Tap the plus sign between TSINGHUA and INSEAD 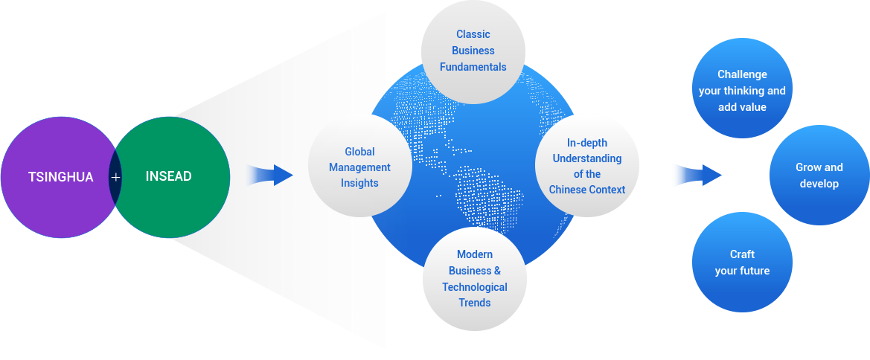pos(115,177)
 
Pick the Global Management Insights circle pos(359,167)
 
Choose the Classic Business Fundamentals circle pos(473,51)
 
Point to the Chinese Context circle pos(586,166)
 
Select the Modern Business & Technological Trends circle pos(475,278)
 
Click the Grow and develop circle pos(819,175)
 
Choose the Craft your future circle pos(742,262)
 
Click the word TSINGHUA pos(61,177)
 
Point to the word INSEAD pos(169,177)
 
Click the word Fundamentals pos(473,67)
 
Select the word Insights pos(359,183)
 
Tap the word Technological pos(475,287)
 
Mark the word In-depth pos(587,143)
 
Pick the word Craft pos(742,254)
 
